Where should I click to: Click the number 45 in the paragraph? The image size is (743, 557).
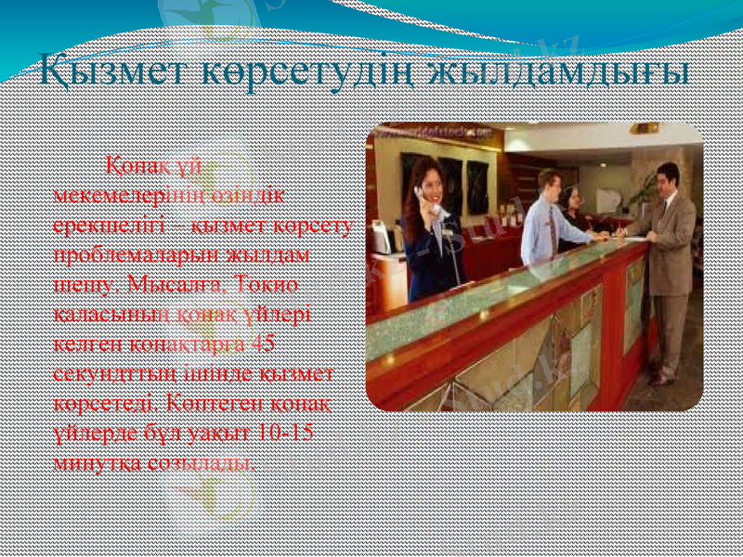point(263,343)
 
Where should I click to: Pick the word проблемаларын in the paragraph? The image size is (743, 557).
point(120,253)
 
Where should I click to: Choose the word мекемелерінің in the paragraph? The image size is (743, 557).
point(122,193)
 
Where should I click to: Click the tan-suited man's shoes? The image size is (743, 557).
point(661,379)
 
